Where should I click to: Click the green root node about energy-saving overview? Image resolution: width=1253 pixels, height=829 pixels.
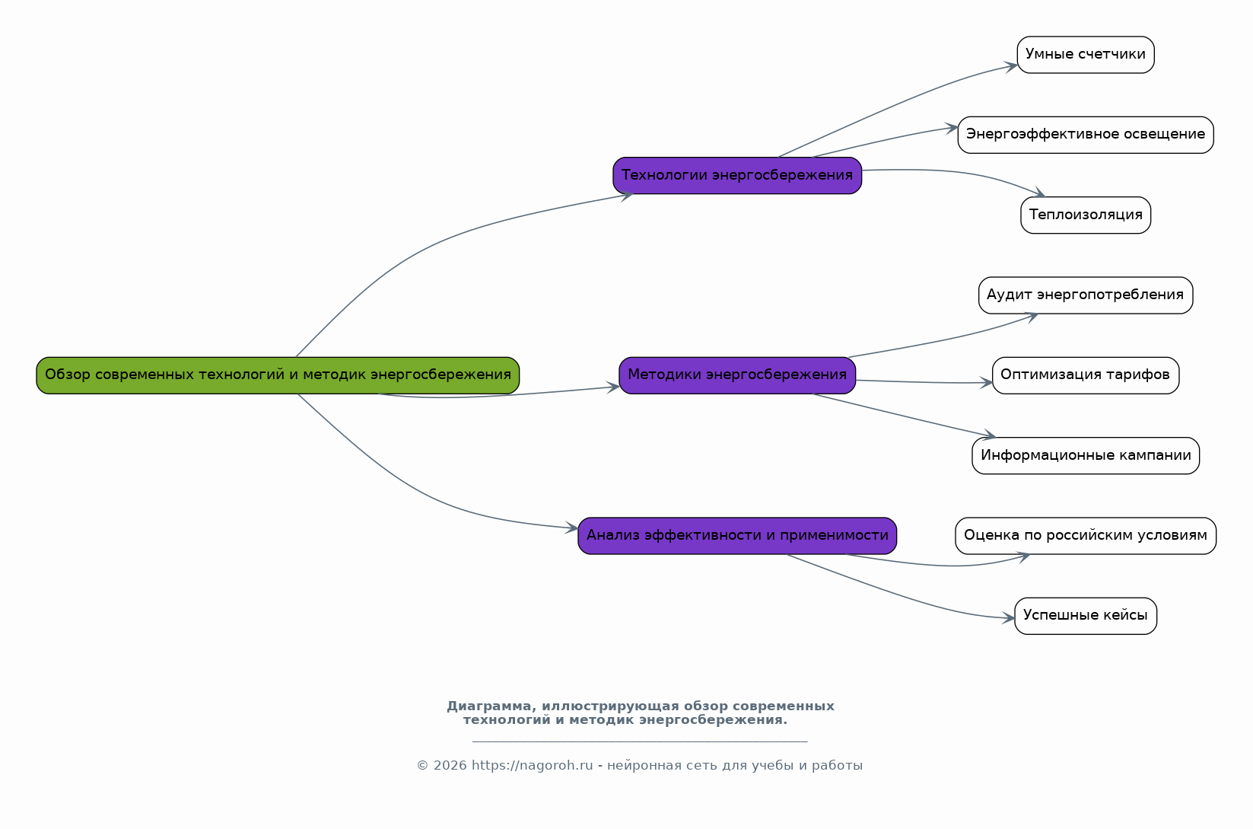coord(278,375)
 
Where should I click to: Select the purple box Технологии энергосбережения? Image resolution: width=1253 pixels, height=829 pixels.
coord(737,176)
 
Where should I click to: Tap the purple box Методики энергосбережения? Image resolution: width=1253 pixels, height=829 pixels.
coord(737,375)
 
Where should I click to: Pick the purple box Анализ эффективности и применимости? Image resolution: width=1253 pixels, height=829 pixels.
coord(737,536)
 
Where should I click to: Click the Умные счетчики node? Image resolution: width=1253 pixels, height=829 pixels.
coord(1086,55)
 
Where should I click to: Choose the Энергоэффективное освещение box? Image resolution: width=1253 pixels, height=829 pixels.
coord(1086,135)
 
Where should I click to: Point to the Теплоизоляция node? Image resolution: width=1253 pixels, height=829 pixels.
coord(1086,215)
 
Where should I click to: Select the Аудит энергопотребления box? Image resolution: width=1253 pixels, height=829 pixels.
coord(1086,295)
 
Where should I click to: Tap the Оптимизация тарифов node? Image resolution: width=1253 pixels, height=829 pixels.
coord(1086,375)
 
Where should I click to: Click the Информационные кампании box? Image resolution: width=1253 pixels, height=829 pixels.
coord(1086,456)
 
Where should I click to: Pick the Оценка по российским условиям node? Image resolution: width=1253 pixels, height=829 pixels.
coord(1086,536)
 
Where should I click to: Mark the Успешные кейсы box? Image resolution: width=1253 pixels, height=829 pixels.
coord(1086,616)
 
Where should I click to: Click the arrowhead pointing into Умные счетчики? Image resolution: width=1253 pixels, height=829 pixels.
coord(1011,67)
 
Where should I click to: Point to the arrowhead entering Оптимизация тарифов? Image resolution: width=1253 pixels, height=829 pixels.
coord(986,383)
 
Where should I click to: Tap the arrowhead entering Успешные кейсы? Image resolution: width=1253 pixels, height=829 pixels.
coord(1009,618)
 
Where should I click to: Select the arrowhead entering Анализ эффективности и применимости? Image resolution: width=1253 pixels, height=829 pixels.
coord(571,528)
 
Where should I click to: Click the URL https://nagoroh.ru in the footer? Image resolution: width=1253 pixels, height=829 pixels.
coord(532,765)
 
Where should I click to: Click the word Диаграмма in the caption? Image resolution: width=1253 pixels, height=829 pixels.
coord(492,706)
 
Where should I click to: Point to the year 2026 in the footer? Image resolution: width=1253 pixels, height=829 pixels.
coord(450,765)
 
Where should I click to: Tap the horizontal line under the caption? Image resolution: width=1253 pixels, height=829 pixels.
coord(640,741)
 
